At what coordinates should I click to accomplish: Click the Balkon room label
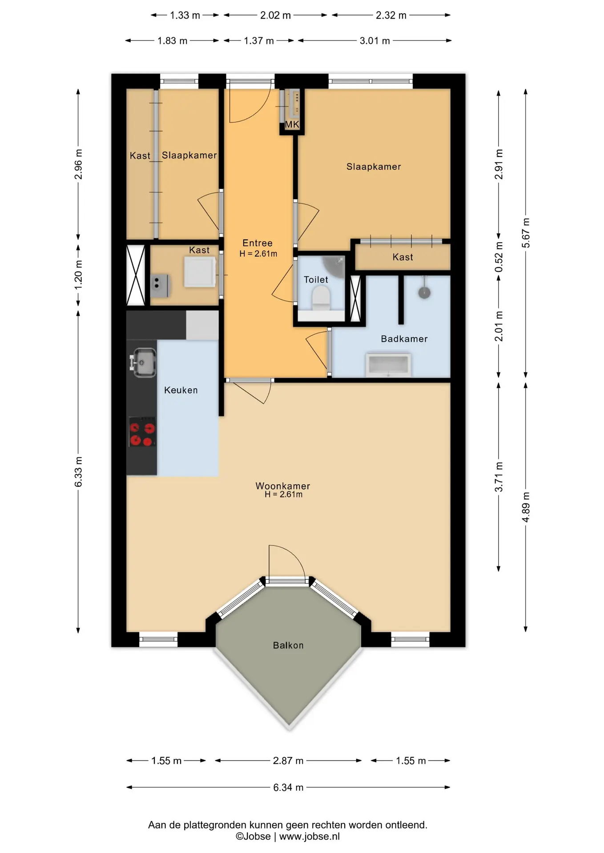pos(288,645)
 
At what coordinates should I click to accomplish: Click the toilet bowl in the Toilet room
pos(321,297)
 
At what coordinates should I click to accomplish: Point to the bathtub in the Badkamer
pos(388,365)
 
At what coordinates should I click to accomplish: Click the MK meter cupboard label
pos(292,124)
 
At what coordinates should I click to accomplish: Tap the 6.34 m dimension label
pos(288,787)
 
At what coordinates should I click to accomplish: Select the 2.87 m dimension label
pos(288,761)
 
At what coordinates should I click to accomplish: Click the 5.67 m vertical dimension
pos(526,233)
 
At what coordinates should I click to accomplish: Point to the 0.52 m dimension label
pos(499,257)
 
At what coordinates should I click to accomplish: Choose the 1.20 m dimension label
pos(78,274)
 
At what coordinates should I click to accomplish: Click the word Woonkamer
pos(283,486)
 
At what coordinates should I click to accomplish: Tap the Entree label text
pos(258,243)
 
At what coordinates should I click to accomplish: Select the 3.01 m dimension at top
pos(374,41)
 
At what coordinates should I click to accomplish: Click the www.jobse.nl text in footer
pos(310,836)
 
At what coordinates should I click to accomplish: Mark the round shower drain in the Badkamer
pos(424,293)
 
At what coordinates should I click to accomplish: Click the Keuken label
pos(181,390)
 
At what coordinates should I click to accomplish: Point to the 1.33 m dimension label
pos(185,15)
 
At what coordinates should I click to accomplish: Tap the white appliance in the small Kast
pos(200,272)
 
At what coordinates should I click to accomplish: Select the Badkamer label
pos(404,339)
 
